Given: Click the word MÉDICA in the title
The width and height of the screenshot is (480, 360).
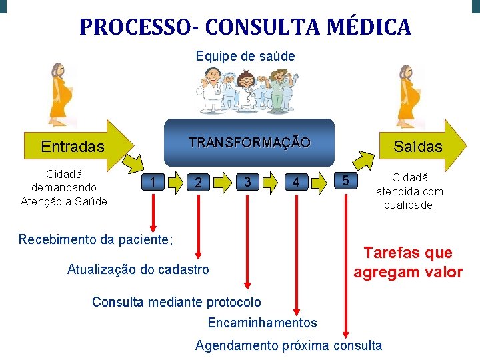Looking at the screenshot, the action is tap(370, 27).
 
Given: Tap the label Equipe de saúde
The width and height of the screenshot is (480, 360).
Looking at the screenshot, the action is tap(245, 56).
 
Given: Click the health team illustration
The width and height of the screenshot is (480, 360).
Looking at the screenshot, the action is tap(245, 92).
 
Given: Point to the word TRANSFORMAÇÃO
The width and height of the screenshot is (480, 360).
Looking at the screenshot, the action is tap(249, 142).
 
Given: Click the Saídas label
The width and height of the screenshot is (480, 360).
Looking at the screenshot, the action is tap(417, 146).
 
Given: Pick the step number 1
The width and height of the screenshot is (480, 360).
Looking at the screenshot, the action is tap(154, 181).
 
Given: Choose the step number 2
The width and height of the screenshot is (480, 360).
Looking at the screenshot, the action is tap(196, 182).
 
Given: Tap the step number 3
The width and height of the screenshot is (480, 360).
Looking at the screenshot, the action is tap(247, 181).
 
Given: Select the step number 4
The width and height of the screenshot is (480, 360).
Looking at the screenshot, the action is tap(296, 182).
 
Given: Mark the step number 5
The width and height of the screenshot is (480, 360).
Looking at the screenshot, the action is tap(345, 180).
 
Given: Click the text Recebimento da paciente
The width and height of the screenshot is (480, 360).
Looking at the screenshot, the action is tap(95, 239).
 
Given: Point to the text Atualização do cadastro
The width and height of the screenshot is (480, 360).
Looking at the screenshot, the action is tap(138, 269).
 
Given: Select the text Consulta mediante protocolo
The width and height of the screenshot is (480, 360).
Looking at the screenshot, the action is tap(177, 302).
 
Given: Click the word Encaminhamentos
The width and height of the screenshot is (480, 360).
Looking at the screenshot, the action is tap(263, 323).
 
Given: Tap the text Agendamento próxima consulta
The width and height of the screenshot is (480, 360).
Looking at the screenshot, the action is tap(289, 345).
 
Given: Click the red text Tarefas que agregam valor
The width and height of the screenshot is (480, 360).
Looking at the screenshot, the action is tap(407, 262).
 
